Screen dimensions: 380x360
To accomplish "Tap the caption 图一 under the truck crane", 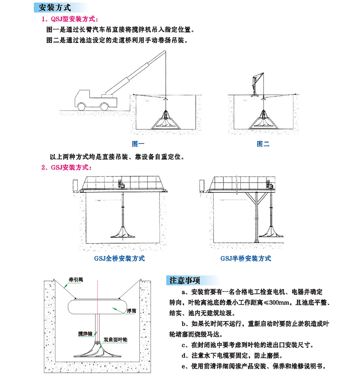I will (138, 144).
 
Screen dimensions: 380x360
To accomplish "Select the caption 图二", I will (263, 144).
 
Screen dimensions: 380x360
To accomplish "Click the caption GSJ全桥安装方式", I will (120, 258).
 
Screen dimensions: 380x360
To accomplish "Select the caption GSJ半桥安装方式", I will (246, 258).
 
